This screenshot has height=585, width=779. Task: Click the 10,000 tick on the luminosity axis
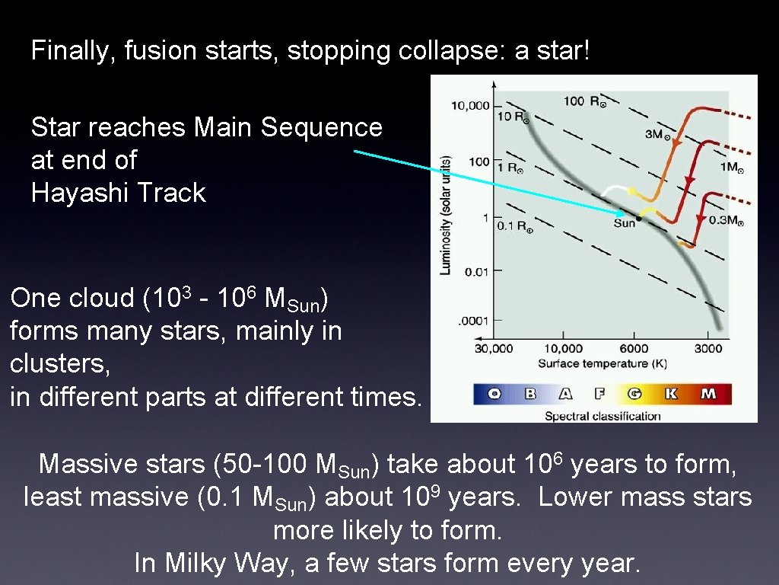click(x=470, y=106)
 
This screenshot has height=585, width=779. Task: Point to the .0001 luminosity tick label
click(x=473, y=321)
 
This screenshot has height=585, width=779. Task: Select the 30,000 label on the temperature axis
click(x=494, y=349)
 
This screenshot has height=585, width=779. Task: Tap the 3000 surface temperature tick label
click(x=707, y=349)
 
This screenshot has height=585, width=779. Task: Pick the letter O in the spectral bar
click(x=494, y=394)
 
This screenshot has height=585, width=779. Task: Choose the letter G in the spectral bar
click(x=634, y=394)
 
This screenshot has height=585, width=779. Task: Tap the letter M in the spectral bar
click(x=707, y=394)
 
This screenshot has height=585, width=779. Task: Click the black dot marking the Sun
click(x=639, y=219)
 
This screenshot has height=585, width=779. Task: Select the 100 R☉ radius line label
click(x=584, y=101)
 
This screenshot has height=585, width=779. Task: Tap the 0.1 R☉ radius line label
click(x=514, y=226)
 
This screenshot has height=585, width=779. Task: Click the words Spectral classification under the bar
click(x=603, y=416)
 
